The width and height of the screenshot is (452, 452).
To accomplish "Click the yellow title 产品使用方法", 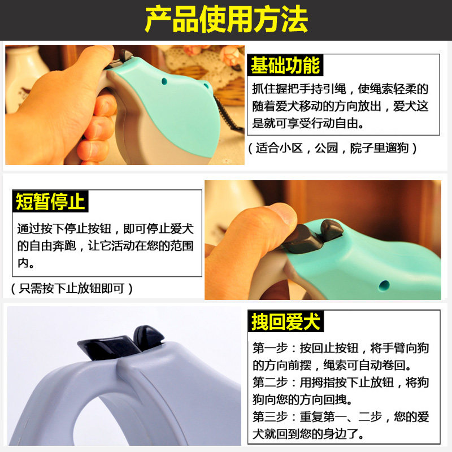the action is point(227,20).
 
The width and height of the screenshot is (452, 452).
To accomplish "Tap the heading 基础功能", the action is point(285,65).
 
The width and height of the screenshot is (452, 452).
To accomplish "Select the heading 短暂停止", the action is point(50,202).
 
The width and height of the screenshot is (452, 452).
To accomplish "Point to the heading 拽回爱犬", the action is point(286,321).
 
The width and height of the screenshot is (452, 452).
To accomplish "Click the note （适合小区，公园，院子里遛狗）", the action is point(332,148).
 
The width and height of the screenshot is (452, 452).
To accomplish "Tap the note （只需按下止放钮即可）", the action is point(72,288).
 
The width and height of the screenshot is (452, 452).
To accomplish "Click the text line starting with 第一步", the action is point(341,348).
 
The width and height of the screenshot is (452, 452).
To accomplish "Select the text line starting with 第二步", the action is point(341,383).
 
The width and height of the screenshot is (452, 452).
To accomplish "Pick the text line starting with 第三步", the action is point(341,417).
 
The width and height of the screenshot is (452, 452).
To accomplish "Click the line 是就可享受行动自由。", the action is point(307,123).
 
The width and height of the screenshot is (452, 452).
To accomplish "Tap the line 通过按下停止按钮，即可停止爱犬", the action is point(105,229).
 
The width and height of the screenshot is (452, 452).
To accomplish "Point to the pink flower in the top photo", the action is point(231,55).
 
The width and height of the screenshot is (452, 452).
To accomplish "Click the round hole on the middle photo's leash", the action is point(384,286).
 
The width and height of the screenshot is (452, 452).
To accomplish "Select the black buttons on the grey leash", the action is point(120,342).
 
